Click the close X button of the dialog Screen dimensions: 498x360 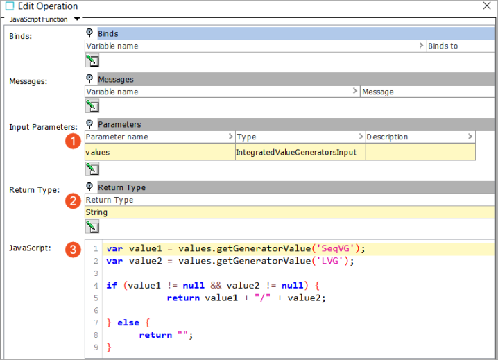[487, 6]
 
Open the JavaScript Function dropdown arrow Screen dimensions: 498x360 [77, 19]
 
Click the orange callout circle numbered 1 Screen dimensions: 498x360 [73, 141]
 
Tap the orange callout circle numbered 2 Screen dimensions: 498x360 [73, 201]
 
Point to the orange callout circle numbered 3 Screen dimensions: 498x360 [73, 250]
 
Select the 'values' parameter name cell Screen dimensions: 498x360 [160, 152]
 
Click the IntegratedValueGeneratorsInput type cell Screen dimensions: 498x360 [300, 152]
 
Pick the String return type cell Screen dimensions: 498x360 [289, 212]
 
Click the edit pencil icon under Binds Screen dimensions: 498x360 [92, 60]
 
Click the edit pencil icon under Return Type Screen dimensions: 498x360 [92, 227]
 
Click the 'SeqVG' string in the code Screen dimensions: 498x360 [338, 248]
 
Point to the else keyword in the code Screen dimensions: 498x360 [128, 323]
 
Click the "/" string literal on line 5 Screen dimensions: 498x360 [262, 298]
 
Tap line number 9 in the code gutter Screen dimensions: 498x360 [96, 348]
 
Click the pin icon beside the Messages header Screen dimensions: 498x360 [89, 78]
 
